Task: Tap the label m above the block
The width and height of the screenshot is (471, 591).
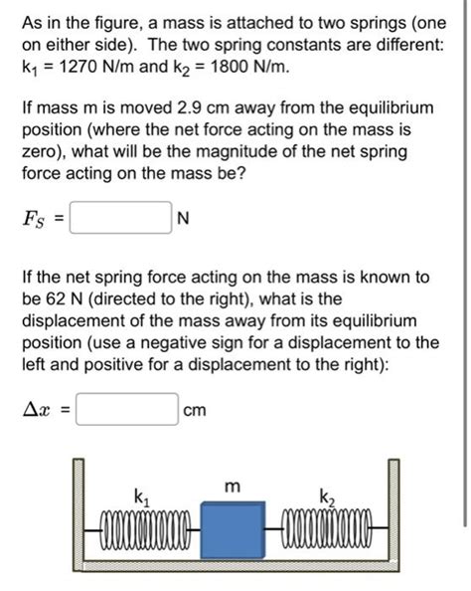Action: click(x=232, y=487)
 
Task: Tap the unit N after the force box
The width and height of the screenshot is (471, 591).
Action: click(x=182, y=218)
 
